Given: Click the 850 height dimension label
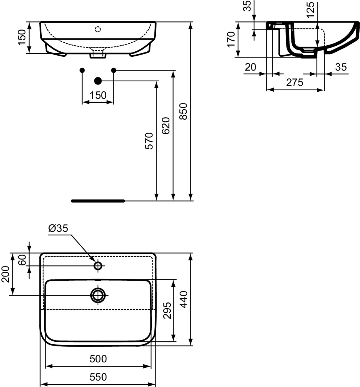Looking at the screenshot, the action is pos(183,111).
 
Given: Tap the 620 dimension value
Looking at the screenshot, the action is pos(166,126).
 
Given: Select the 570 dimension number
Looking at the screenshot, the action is pos(149,141).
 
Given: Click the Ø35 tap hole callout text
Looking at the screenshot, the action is pos(58,228).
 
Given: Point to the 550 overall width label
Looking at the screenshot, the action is pos(98,377).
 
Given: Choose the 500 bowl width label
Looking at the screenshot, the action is pos(98,359).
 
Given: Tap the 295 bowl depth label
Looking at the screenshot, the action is pos(167,310).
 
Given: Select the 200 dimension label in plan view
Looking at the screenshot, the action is pos(5,274).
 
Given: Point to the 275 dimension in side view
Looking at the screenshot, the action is pos(295,83).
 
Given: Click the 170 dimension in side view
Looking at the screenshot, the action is pos(231,40).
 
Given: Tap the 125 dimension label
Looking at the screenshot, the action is pos(310,10).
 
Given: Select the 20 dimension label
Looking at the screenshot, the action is pos(250,67).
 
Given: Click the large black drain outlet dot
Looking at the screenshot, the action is pos(98,81).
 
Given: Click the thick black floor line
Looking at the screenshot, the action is pos(98,201).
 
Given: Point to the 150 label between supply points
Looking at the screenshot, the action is pos(98,95).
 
